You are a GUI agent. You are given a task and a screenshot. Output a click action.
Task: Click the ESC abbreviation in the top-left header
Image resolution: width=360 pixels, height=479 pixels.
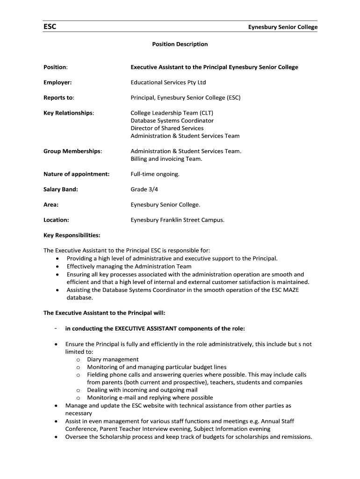click(50, 27)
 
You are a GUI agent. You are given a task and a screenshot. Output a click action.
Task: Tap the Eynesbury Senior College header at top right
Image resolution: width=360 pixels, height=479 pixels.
click(282, 27)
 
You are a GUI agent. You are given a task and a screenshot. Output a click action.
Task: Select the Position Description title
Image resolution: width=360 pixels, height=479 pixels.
click(180, 44)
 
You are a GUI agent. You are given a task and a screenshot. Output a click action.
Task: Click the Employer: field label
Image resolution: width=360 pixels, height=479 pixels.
click(58, 82)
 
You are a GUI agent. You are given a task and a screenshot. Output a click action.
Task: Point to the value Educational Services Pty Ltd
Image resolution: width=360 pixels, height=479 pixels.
click(168, 82)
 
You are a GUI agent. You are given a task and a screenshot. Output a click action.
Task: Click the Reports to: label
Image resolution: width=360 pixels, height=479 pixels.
click(59, 98)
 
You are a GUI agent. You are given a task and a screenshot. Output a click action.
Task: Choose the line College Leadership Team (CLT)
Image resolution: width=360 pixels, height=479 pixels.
click(172, 113)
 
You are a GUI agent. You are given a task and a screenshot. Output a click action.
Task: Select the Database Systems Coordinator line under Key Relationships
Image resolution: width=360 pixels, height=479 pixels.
click(172, 120)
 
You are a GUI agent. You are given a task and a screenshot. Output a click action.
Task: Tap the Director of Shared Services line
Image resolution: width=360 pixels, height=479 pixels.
click(167, 128)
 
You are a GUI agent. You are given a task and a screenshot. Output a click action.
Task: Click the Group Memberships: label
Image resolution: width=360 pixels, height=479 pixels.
click(72, 151)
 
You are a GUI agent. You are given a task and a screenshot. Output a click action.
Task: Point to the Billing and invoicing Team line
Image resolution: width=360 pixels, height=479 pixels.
click(166, 159)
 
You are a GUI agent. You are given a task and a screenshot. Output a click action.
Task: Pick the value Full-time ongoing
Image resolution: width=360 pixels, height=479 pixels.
click(155, 174)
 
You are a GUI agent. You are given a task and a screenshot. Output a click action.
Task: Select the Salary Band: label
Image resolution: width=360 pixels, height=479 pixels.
click(61, 189)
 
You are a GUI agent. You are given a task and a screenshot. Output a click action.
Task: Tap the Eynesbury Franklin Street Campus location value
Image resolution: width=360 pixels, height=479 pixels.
click(177, 220)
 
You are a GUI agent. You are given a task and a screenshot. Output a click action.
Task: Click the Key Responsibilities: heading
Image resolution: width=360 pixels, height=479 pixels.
click(72, 235)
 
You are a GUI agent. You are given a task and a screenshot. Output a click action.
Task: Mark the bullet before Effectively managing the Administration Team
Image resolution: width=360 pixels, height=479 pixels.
click(57, 267)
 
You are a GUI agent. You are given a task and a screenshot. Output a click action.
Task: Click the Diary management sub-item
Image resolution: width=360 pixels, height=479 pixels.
click(113, 359)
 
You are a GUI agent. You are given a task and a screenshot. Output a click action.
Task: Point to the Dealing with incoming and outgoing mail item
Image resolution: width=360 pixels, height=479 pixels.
click(142, 390)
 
